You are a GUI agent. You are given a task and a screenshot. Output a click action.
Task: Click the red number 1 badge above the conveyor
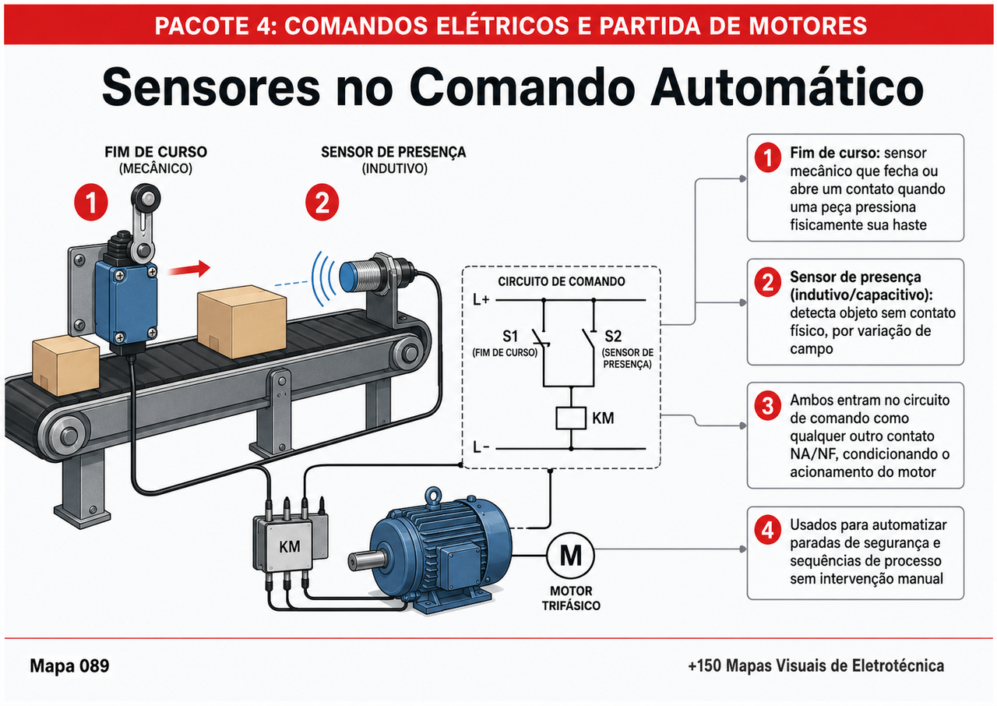click(91, 202)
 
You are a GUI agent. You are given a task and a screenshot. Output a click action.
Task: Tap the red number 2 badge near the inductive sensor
click(322, 202)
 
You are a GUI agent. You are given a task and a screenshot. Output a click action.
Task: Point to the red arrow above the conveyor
click(189, 269)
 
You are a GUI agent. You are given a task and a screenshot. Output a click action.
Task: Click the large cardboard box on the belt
click(241, 320)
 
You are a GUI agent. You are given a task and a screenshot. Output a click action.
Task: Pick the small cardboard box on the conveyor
click(66, 365)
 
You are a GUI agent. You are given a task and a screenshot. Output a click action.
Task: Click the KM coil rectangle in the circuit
click(571, 418)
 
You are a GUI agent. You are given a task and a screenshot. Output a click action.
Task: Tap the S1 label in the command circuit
click(510, 337)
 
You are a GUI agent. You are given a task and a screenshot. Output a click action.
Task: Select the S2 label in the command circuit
click(613, 337)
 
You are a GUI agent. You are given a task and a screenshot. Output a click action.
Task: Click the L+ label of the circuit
click(481, 300)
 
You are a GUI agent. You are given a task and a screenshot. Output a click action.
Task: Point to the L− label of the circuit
click(481, 447)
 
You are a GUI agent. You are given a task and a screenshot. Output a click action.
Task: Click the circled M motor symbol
click(570, 556)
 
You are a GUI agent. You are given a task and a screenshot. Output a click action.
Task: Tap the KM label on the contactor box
click(289, 546)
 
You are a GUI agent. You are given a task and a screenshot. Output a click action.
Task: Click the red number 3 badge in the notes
click(768, 405)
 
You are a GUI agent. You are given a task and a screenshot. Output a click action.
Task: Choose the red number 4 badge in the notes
click(768, 530)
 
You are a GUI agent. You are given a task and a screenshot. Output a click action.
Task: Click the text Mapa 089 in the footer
click(69, 666)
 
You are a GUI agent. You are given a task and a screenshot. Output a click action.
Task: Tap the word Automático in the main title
click(787, 87)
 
